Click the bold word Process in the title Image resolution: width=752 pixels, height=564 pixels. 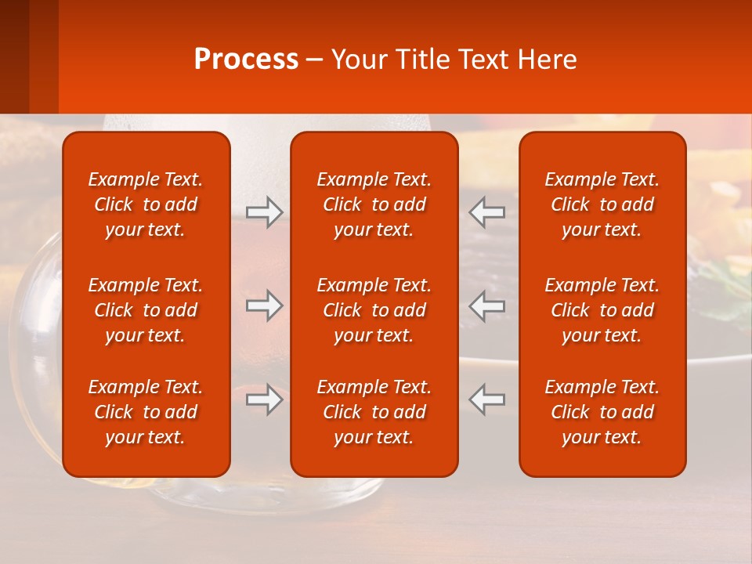point(246,60)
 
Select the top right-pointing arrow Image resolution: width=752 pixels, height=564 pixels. point(264,211)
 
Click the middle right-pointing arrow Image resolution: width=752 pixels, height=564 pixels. point(264,305)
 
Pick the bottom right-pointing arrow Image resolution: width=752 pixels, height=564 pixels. point(264,399)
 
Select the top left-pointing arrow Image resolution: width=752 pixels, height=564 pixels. point(487,211)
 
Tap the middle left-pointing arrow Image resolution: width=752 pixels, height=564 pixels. point(487,305)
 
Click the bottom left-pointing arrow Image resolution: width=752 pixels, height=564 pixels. point(487,399)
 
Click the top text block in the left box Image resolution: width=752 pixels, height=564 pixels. point(146,204)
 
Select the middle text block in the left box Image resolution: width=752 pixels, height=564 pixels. point(146,310)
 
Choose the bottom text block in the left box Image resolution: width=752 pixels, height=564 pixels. point(146,412)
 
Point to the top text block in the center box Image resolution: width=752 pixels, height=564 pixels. point(374,204)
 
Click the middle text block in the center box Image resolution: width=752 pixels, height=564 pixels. point(374,310)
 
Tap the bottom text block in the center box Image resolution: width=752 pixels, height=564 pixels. point(374,412)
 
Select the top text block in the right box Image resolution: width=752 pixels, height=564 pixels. point(602,204)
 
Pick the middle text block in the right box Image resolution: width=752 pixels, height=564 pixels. point(602,310)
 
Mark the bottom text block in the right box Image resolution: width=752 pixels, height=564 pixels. point(602,412)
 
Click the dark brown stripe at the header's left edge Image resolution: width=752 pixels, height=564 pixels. point(14,56)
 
